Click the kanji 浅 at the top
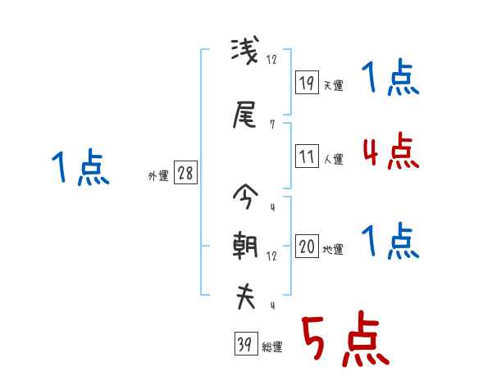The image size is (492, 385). click(244, 55)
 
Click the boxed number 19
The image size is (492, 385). click(307, 82)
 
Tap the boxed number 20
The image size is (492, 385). click(307, 247)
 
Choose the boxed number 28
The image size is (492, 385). click(185, 174)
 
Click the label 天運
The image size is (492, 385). click(333, 85)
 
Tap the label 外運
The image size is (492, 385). click(158, 176)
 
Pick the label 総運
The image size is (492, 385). click(272, 346)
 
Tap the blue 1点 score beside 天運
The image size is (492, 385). click(390, 79)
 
